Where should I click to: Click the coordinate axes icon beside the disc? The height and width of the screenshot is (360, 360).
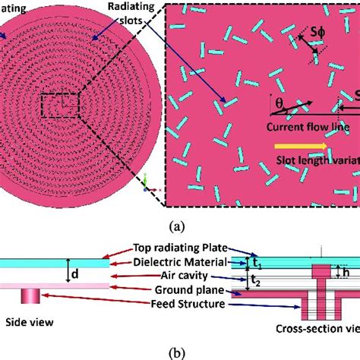147,180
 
